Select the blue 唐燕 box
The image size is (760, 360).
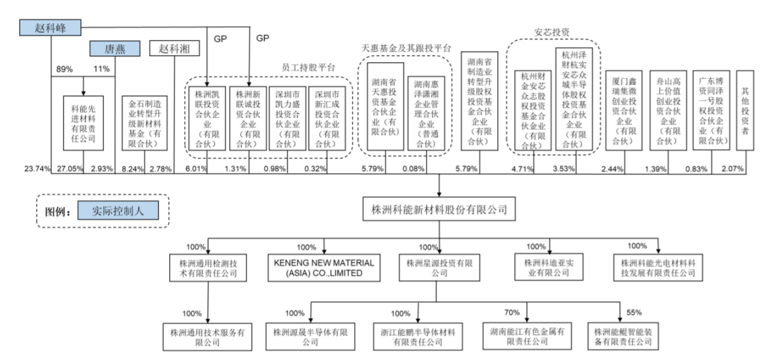tap(115, 49)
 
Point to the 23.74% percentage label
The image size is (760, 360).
tap(36, 169)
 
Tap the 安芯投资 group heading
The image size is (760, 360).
tap(552, 32)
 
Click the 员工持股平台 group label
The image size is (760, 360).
tap(308, 68)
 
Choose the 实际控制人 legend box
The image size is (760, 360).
tap(117, 211)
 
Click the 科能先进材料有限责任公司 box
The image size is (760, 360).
tap(83, 122)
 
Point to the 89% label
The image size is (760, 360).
tap(65, 69)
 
